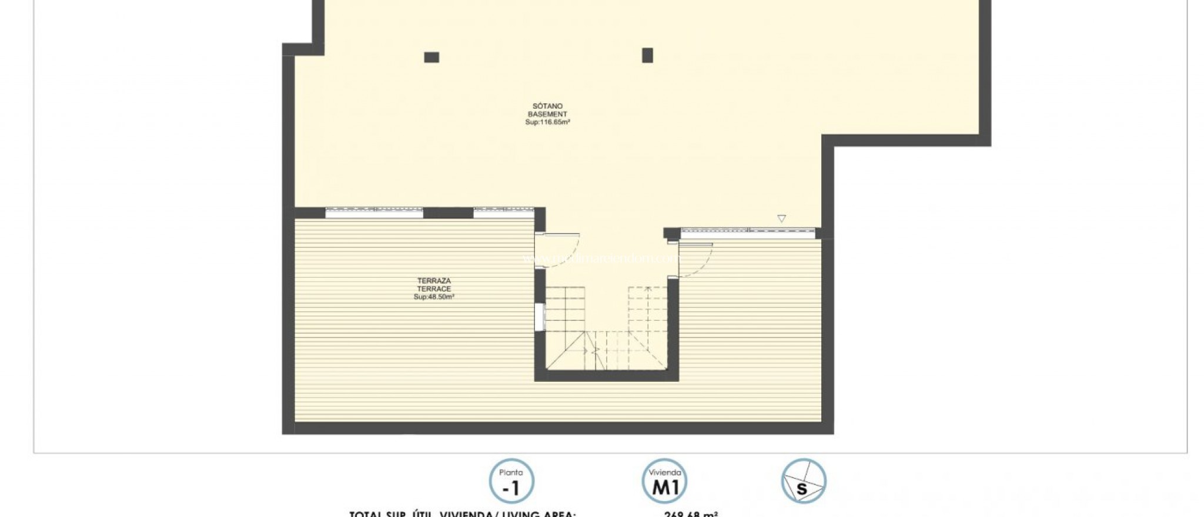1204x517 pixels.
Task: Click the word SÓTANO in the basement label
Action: pos(547,106)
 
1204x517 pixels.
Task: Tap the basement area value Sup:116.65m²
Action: pos(547,123)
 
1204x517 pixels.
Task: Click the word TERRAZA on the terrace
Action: pos(434,281)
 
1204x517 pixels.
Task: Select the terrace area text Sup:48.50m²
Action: pos(434,297)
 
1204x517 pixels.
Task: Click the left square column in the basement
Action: pos(432,57)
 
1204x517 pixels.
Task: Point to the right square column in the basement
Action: pos(647,55)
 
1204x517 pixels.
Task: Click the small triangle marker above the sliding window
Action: pos(781,219)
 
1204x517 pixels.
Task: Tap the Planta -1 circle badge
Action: pos(511,481)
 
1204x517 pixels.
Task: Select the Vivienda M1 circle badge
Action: pos(664,481)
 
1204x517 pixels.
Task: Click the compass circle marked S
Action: pos(804,481)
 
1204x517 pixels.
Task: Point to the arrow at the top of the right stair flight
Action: pos(648,289)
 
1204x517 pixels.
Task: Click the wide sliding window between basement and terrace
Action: pos(374,213)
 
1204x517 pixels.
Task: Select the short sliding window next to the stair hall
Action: pos(503,213)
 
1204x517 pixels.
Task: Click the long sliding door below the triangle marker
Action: pos(748,232)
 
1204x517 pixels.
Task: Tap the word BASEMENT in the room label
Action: pos(547,115)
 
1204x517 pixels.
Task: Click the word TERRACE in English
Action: pos(434,289)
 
